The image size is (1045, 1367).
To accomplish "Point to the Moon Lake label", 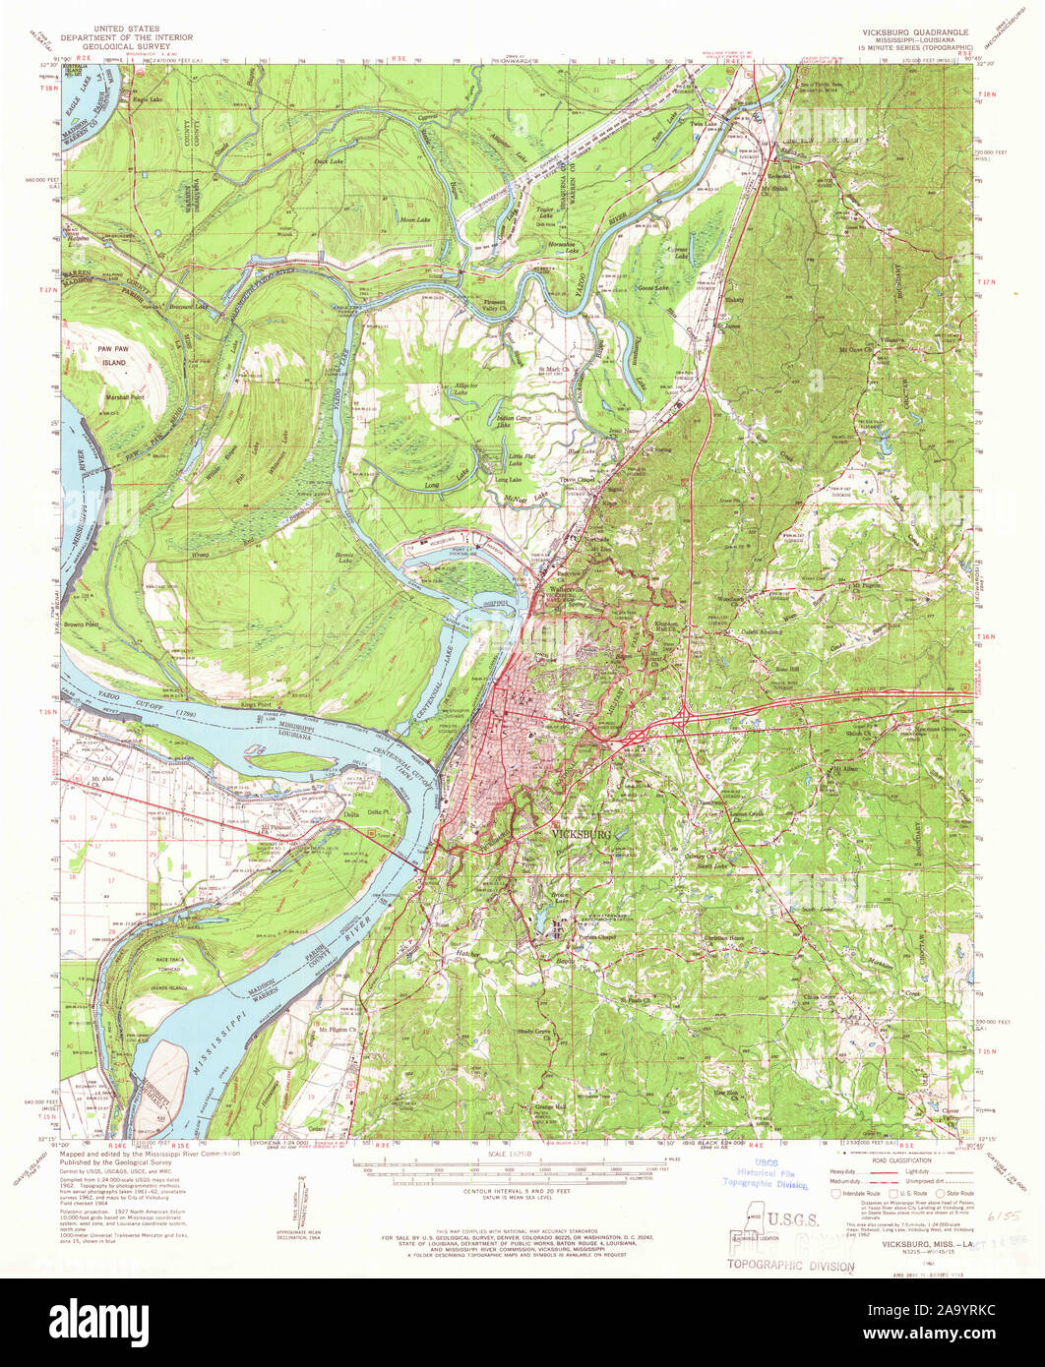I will click(x=415, y=220).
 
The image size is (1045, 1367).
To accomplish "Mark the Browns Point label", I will click(x=83, y=624).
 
